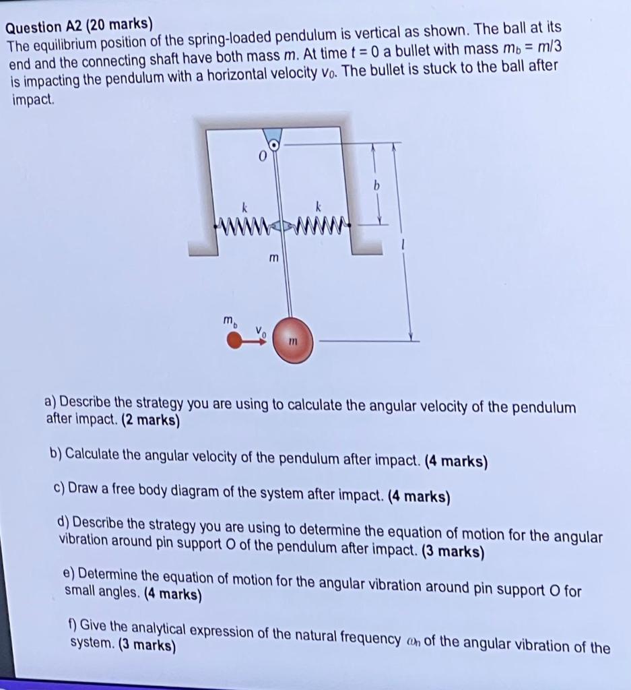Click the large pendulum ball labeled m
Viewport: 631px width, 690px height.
click(x=292, y=342)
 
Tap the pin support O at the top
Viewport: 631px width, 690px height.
click(x=274, y=144)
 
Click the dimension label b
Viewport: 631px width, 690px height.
click(x=377, y=184)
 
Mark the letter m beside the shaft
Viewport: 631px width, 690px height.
click(x=273, y=258)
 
